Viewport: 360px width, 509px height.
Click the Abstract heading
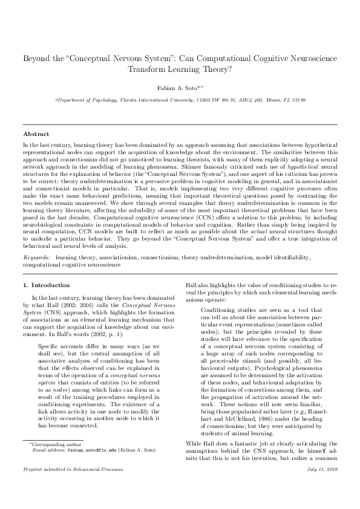36,134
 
